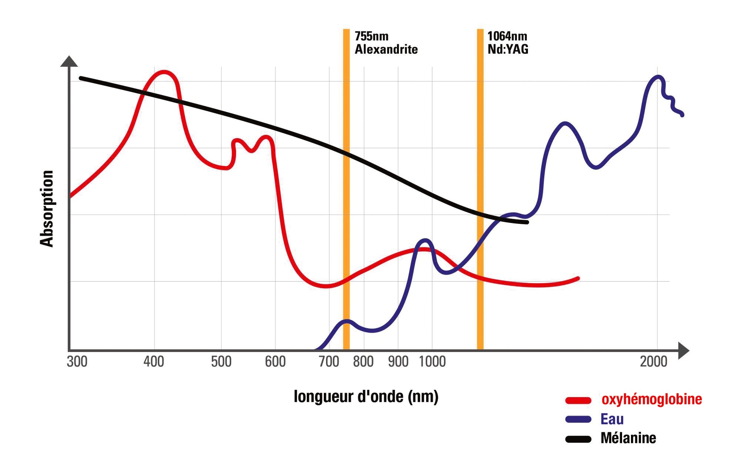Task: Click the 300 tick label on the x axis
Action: [77, 362]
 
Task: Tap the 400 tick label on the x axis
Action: [154, 362]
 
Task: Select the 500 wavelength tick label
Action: [221, 362]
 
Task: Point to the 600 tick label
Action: [275, 362]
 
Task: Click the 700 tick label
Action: [329, 362]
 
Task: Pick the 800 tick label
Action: [363, 362]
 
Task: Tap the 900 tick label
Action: [398, 362]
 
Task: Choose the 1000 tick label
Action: [432, 362]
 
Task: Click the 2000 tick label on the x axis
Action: [653, 362]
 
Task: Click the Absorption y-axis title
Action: [47, 208]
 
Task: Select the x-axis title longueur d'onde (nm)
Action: [366, 397]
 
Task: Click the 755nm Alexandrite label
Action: [386, 43]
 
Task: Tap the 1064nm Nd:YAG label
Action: [507, 43]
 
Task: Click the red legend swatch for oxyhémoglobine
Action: [578, 401]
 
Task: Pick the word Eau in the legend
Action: [612, 419]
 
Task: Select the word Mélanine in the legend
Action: [628, 438]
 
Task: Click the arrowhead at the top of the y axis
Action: [69, 61]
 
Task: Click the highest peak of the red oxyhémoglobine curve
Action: [164, 72]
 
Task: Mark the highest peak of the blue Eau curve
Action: [658, 77]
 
